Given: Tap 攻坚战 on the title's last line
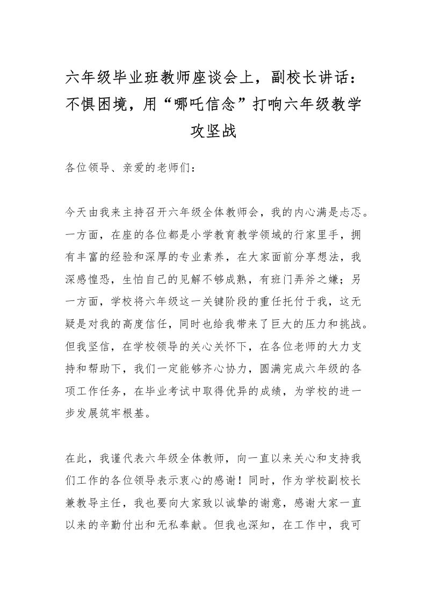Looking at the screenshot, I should [x=213, y=131].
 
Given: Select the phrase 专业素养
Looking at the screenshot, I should [x=193, y=257].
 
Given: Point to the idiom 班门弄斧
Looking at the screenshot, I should [x=280, y=279].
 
